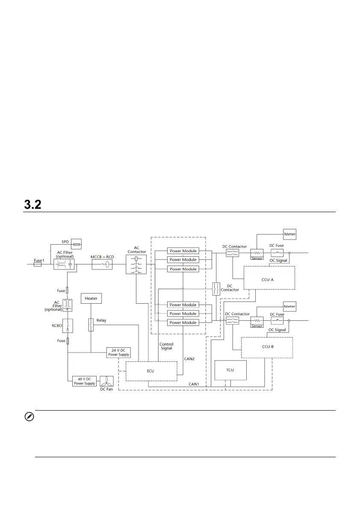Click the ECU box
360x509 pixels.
151,371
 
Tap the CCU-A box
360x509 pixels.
268,278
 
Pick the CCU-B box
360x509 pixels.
267,346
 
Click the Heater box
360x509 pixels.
91,298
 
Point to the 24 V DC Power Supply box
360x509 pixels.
118,352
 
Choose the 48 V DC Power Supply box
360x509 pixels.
84,382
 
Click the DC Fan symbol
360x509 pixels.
106,382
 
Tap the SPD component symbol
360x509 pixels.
76,244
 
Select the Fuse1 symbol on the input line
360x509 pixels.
38,265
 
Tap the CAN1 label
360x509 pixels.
194,384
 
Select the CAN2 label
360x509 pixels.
189,359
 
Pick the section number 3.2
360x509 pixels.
32,205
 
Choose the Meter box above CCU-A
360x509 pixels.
290,234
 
